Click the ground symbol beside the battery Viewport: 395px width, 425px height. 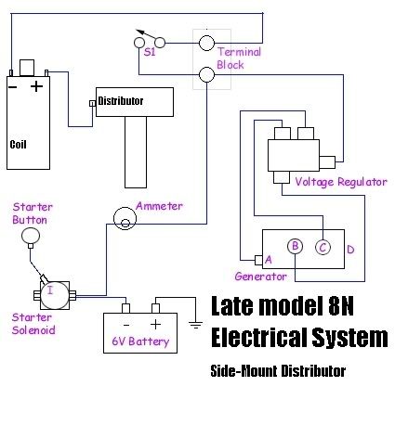pyautogui.click(x=195, y=325)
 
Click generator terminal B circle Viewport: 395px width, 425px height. pyautogui.click(x=295, y=246)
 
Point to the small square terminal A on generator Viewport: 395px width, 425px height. pyautogui.click(x=258, y=260)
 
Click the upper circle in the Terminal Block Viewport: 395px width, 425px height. pyautogui.click(x=206, y=43)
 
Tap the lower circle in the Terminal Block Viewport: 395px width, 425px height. pyautogui.click(x=206, y=74)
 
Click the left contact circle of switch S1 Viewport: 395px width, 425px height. pyautogui.click(x=139, y=43)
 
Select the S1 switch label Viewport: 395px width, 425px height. pyautogui.click(x=150, y=52)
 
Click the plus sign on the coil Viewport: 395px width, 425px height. pyautogui.click(x=36, y=86)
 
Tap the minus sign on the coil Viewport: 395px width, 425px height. pyautogui.click(x=13, y=87)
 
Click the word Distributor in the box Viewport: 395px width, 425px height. pyautogui.click(x=121, y=101)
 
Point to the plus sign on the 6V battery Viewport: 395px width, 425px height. pyautogui.click(x=155, y=324)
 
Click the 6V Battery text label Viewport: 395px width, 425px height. pyautogui.click(x=140, y=341)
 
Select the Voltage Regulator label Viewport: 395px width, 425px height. pyautogui.click(x=341, y=182)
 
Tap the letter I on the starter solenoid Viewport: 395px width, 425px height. pyautogui.click(x=50, y=290)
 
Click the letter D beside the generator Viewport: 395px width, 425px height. pyautogui.click(x=350, y=250)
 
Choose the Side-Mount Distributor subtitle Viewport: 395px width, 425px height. pyautogui.click(x=278, y=370)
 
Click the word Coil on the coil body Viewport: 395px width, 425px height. pyautogui.click(x=18, y=145)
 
